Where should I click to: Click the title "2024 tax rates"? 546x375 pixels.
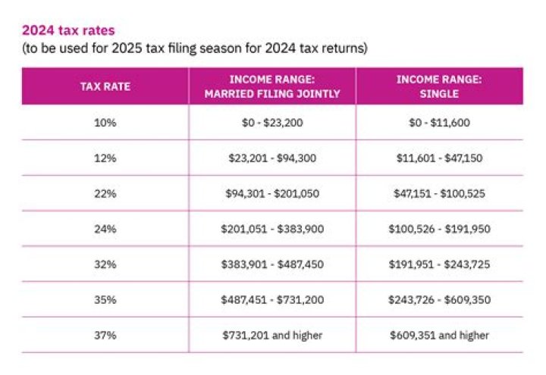(x=68, y=30)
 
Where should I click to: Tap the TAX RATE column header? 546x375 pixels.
(x=105, y=86)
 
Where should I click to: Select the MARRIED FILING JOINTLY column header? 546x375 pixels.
(x=272, y=86)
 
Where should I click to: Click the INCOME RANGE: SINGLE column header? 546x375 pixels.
(x=439, y=86)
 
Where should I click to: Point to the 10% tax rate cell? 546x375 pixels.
(x=105, y=123)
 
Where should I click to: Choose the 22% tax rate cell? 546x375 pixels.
(x=105, y=193)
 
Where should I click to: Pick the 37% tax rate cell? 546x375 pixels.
(x=105, y=336)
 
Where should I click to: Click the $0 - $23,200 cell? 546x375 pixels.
(x=272, y=123)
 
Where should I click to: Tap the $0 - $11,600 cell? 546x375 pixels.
(x=439, y=123)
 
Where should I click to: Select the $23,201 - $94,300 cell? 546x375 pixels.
(x=272, y=158)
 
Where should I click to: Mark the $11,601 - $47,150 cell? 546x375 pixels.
(x=439, y=158)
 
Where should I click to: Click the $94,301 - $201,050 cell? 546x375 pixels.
(x=272, y=193)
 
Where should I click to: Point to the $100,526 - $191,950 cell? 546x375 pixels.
(x=439, y=229)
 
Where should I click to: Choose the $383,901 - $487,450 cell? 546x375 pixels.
(x=272, y=264)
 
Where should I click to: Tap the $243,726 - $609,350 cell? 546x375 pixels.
(x=439, y=300)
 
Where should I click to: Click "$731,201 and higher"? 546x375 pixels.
(x=272, y=336)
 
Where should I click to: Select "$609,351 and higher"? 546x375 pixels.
(x=439, y=336)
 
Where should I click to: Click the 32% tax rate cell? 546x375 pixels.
(x=105, y=264)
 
